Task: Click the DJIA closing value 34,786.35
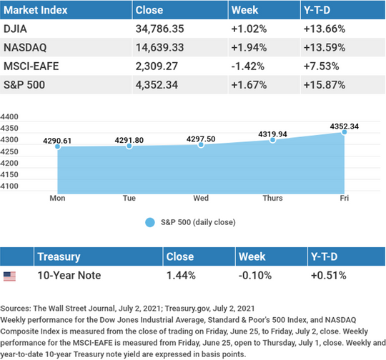pos(159,29)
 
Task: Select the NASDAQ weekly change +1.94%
pos(249,47)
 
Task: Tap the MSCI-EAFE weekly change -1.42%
pos(247,66)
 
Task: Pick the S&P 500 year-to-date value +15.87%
pos(325,85)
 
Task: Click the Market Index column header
pos(36,10)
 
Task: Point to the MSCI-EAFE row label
pos(31,66)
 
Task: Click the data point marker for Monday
pos(58,146)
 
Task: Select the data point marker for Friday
pos(345,132)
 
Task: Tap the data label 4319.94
pos(272,134)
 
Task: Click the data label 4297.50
pos(201,139)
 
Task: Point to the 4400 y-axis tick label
pos(9,116)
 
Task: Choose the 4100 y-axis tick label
pos(9,186)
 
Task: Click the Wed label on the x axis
pos(201,198)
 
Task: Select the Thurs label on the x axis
pos(272,198)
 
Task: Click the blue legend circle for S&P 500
pos(150,222)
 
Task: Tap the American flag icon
pos(9,276)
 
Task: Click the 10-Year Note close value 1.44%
pos(181,275)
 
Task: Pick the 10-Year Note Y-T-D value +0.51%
pos(328,275)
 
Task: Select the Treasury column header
pos(59,256)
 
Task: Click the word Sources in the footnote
pos(15,309)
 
